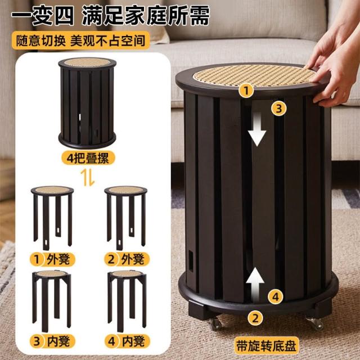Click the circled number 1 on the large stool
(x=246, y=91)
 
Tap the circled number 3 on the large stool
(x=279, y=109)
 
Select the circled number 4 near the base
(x=276, y=296)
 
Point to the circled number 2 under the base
(x=255, y=318)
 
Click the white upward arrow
(x=255, y=285)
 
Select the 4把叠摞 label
(x=88, y=158)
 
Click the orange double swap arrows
(x=88, y=178)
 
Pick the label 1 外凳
(x=52, y=259)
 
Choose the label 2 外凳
(x=127, y=259)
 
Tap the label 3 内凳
(x=52, y=341)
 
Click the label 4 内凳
(x=127, y=341)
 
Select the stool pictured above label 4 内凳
(x=127, y=301)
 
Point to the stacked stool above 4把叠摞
(x=87, y=103)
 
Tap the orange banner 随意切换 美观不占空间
(x=81, y=40)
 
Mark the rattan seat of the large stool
(x=254, y=75)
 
